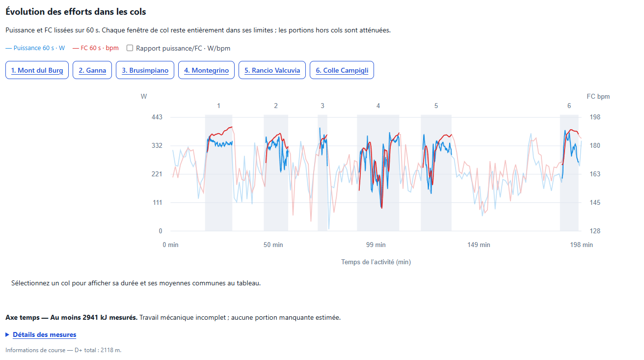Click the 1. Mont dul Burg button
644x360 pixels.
coord(37,70)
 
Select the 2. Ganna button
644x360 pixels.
coord(92,70)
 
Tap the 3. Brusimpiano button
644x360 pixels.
coord(145,70)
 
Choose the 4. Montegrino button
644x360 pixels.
coord(206,70)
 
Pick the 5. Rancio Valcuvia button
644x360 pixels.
coord(272,70)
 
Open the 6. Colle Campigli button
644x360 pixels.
coord(342,70)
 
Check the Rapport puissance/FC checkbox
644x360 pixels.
coord(130,48)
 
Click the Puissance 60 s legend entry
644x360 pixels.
coord(35,48)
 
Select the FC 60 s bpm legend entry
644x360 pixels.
coord(95,48)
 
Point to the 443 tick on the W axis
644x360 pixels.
coord(157,117)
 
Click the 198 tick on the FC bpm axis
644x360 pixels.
coord(595,117)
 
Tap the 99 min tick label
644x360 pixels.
coord(376,245)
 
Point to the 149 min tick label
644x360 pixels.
coord(479,245)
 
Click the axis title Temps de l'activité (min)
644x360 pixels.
coord(376,262)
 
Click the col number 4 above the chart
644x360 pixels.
coord(378,106)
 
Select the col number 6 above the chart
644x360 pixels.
coord(569,106)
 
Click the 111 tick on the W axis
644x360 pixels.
coord(158,202)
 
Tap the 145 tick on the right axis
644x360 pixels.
coord(595,202)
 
